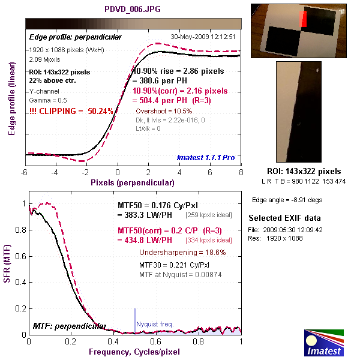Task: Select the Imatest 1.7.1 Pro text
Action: coord(206,157)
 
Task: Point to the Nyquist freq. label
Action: coord(155,324)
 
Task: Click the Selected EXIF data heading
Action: coord(284,218)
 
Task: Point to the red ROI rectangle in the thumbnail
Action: coord(304,20)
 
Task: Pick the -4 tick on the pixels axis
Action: coord(55,172)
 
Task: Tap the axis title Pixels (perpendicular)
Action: coord(133,181)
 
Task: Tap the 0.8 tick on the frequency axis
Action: coord(199,341)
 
